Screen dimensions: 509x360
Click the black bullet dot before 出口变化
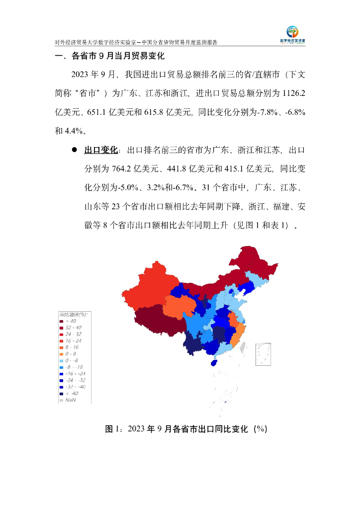(74, 150)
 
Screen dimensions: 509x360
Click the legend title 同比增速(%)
(73, 315)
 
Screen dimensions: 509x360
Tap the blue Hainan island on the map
(214, 363)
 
